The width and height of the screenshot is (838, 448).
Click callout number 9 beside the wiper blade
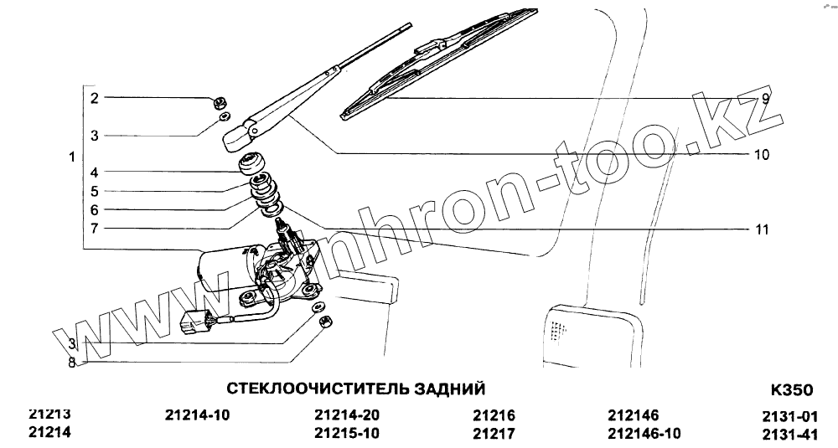765,98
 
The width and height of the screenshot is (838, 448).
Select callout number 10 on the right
762,155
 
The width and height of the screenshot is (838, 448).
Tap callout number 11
762,229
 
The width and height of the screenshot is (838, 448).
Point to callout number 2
95,98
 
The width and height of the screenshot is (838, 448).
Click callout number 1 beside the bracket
72,157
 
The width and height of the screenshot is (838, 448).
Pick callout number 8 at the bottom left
72,363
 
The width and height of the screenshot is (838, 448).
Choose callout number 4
95,173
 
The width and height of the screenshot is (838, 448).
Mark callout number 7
95,228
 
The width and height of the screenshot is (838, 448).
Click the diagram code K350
790,390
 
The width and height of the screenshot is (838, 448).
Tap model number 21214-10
198,415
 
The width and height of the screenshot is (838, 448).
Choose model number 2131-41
790,434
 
